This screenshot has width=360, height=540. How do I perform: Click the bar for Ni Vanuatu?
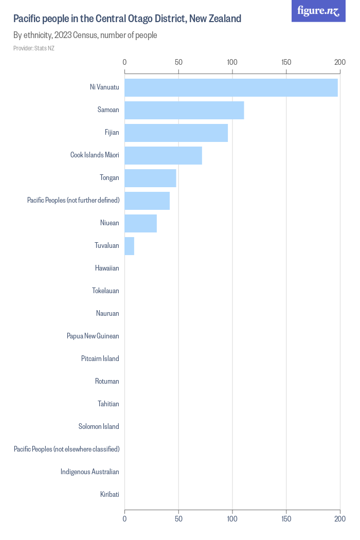(231, 87)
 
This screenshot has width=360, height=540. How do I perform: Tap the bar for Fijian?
(176, 133)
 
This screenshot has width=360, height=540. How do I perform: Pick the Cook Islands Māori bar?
(163, 155)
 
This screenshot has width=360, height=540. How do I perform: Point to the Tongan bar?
(150, 178)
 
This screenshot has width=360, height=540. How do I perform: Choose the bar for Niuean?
(140, 223)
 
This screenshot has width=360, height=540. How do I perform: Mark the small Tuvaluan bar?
(129, 246)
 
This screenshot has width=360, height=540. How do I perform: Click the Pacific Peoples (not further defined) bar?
(147, 201)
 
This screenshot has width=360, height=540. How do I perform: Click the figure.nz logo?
(318, 11)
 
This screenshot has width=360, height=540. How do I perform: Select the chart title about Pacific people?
(127, 19)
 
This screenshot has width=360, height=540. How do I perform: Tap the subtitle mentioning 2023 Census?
(85, 35)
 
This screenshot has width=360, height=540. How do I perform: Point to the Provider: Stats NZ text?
(33, 48)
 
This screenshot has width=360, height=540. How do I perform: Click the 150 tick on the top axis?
(286, 62)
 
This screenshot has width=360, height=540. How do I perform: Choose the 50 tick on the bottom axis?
(178, 519)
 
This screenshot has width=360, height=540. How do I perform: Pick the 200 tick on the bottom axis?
(339, 519)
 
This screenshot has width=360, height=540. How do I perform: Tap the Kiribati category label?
(110, 495)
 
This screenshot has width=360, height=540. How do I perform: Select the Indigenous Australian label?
(89, 472)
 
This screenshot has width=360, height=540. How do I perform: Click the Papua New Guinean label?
(93, 336)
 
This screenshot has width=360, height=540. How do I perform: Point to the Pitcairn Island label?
(100, 359)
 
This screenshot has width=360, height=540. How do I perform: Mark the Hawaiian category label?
(107, 268)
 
